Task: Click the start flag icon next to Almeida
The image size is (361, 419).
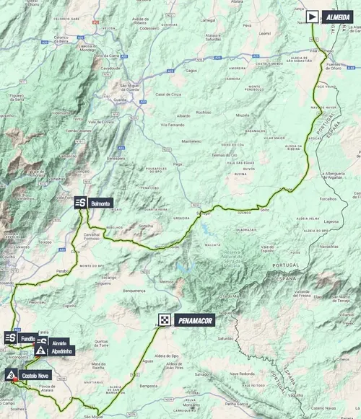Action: tap(311, 15)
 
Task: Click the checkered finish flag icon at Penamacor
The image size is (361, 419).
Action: tap(165, 319)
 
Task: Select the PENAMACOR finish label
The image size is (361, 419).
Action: tap(194, 319)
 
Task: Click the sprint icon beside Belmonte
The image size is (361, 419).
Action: tap(81, 203)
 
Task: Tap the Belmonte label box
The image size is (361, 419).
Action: tap(100, 203)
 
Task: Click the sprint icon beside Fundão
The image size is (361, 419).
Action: tap(11, 338)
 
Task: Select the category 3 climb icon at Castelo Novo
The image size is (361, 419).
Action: tap(12, 375)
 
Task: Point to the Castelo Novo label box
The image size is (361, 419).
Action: tap(35, 376)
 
